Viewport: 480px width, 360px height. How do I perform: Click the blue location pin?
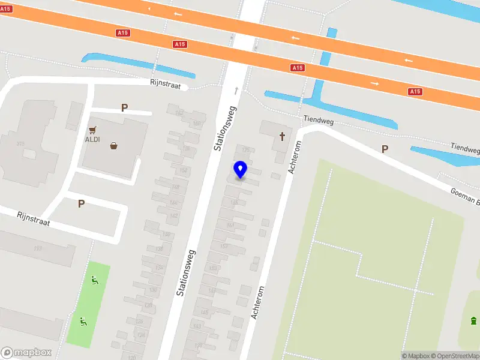[x=241, y=170]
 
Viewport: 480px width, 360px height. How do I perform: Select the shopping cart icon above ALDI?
[x=93, y=129]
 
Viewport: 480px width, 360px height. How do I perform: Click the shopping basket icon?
[x=113, y=145]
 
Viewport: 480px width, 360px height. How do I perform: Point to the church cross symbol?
[x=281, y=137]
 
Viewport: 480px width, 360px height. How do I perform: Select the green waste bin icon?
[x=474, y=320]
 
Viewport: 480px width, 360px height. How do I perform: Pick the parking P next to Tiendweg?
[x=385, y=149]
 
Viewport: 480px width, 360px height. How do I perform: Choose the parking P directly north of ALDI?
[x=124, y=108]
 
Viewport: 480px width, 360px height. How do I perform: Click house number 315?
[x=20, y=143]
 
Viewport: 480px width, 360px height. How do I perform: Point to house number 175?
[x=245, y=149]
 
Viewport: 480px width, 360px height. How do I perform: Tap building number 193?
[x=38, y=248]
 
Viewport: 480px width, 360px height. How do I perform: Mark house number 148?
[x=175, y=187]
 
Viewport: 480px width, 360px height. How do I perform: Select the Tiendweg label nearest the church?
[x=318, y=120]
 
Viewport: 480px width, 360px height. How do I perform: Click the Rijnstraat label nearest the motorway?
[x=166, y=83]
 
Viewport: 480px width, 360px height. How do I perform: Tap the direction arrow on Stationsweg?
[x=236, y=91]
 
